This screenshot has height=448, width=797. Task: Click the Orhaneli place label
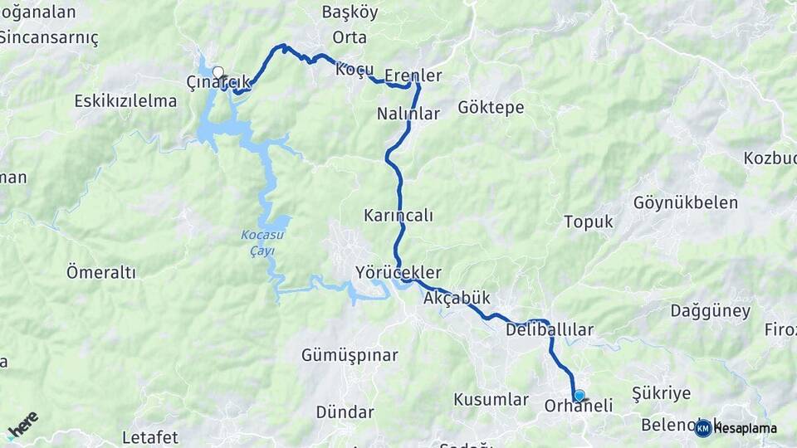click(579, 406)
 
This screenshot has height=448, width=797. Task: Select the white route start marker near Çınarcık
click(218, 72)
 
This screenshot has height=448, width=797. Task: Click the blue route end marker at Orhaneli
click(579, 396)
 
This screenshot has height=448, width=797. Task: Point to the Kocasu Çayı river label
click(257, 243)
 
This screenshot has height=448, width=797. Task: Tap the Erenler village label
click(413, 75)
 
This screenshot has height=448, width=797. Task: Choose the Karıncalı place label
click(398, 216)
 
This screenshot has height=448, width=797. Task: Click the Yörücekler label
click(398, 272)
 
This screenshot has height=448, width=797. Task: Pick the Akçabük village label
click(457, 298)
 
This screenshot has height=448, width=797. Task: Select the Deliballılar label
click(549, 330)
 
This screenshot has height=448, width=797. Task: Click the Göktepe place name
click(491, 108)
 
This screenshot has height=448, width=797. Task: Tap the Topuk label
click(588, 222)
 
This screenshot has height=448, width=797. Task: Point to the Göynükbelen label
click(685, 202)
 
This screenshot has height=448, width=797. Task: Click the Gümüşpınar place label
click(350, 355)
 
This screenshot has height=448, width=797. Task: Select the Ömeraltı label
click(100, 272)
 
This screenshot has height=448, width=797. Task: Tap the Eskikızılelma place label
click(125, 101)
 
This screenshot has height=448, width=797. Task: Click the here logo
click(22, 425)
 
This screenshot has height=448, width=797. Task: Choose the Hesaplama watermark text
click(745, 428)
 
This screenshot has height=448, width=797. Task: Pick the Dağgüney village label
click(710, 312)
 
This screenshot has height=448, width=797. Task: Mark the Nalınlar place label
click(408, 114)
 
